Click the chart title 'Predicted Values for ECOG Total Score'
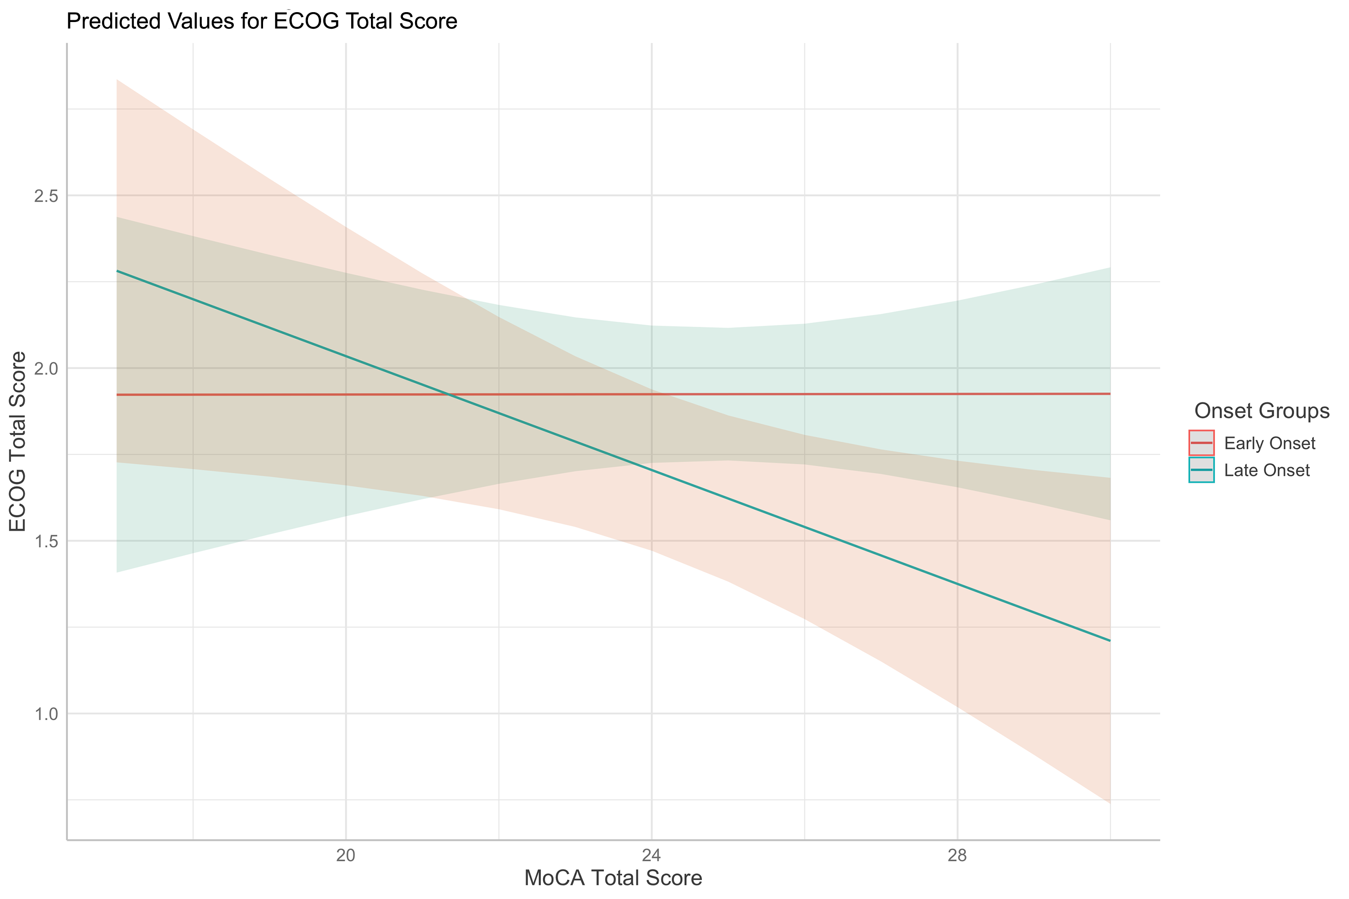262,21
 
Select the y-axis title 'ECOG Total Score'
18,441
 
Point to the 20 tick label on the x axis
345,855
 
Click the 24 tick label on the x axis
651,855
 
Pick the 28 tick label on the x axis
957,855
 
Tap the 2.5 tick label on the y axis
46,196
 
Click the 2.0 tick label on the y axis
46,369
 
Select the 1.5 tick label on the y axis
46,541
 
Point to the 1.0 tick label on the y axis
46,714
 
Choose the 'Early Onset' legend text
1269,443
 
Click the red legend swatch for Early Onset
1201,443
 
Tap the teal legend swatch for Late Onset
1201,470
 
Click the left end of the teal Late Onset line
117,271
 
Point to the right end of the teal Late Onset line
1110,641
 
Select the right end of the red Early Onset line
1110,394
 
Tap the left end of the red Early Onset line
117,395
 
